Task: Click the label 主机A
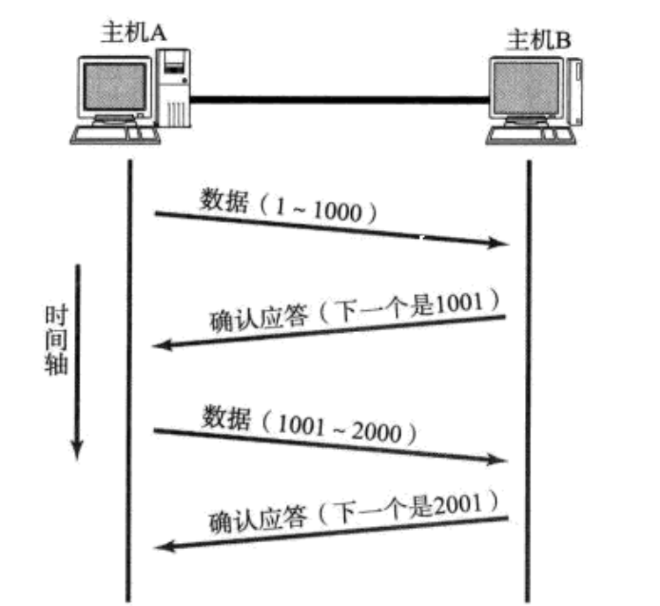133,31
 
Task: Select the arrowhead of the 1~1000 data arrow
501,244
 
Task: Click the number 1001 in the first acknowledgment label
466,305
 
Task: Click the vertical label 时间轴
57,341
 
